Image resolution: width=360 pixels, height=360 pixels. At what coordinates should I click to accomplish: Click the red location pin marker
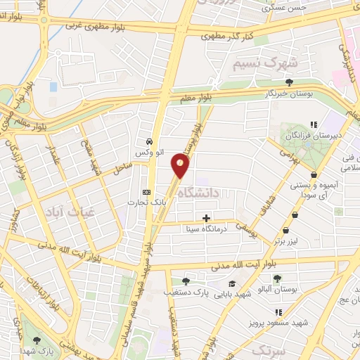181,165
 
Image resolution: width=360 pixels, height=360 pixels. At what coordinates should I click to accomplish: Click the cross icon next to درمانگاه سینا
206,217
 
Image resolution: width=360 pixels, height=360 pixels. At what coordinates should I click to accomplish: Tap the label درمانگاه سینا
205,229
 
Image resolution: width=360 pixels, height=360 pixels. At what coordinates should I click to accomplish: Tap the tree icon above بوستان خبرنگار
289,82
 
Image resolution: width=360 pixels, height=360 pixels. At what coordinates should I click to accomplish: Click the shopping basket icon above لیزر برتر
285,230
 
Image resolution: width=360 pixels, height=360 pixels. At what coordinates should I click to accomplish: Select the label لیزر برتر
285,241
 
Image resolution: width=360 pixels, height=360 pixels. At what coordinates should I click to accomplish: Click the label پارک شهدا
38,349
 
